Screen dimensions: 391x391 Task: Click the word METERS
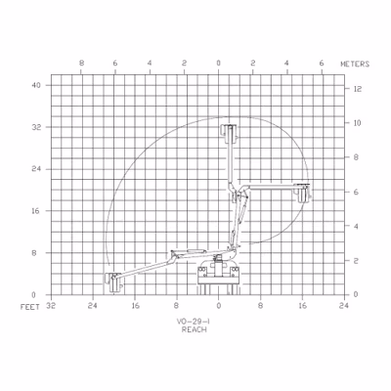click(355, 65)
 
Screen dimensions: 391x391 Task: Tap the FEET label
click(30, 307)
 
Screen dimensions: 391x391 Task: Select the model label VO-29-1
click(194, 322)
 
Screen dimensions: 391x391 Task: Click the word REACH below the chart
click(195, 329)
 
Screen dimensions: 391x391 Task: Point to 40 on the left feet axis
click(36, 85)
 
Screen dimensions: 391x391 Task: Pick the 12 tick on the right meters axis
click(358, 89)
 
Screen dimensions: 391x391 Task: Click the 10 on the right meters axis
click(358, 123)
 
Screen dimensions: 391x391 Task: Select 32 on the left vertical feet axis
click(36, 127)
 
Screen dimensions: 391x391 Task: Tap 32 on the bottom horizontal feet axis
click(51, 306)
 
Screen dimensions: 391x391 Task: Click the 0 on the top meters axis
click(219, 64)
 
